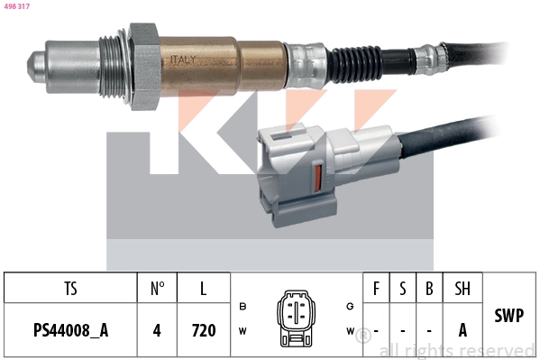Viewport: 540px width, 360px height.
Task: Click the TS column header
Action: tap(70, 289)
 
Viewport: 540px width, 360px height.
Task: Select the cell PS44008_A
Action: tap(70, 330)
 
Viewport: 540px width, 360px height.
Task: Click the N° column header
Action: tap(157, 289)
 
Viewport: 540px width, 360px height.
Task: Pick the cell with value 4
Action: tap(157, 330)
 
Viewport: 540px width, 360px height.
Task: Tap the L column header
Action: tap(204, 289)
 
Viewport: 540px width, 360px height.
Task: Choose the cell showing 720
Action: tap(204, 330)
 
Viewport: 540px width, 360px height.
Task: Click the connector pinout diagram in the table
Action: tap(295, 318)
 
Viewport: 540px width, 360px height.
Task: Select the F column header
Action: tap(376, 289)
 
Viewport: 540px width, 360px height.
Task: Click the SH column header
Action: tap(462, 289)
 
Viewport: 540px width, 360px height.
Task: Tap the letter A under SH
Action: tap(462, 330)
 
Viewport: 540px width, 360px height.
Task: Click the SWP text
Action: tap(510, 316)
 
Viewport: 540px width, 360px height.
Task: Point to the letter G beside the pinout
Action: tap(350, 306)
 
